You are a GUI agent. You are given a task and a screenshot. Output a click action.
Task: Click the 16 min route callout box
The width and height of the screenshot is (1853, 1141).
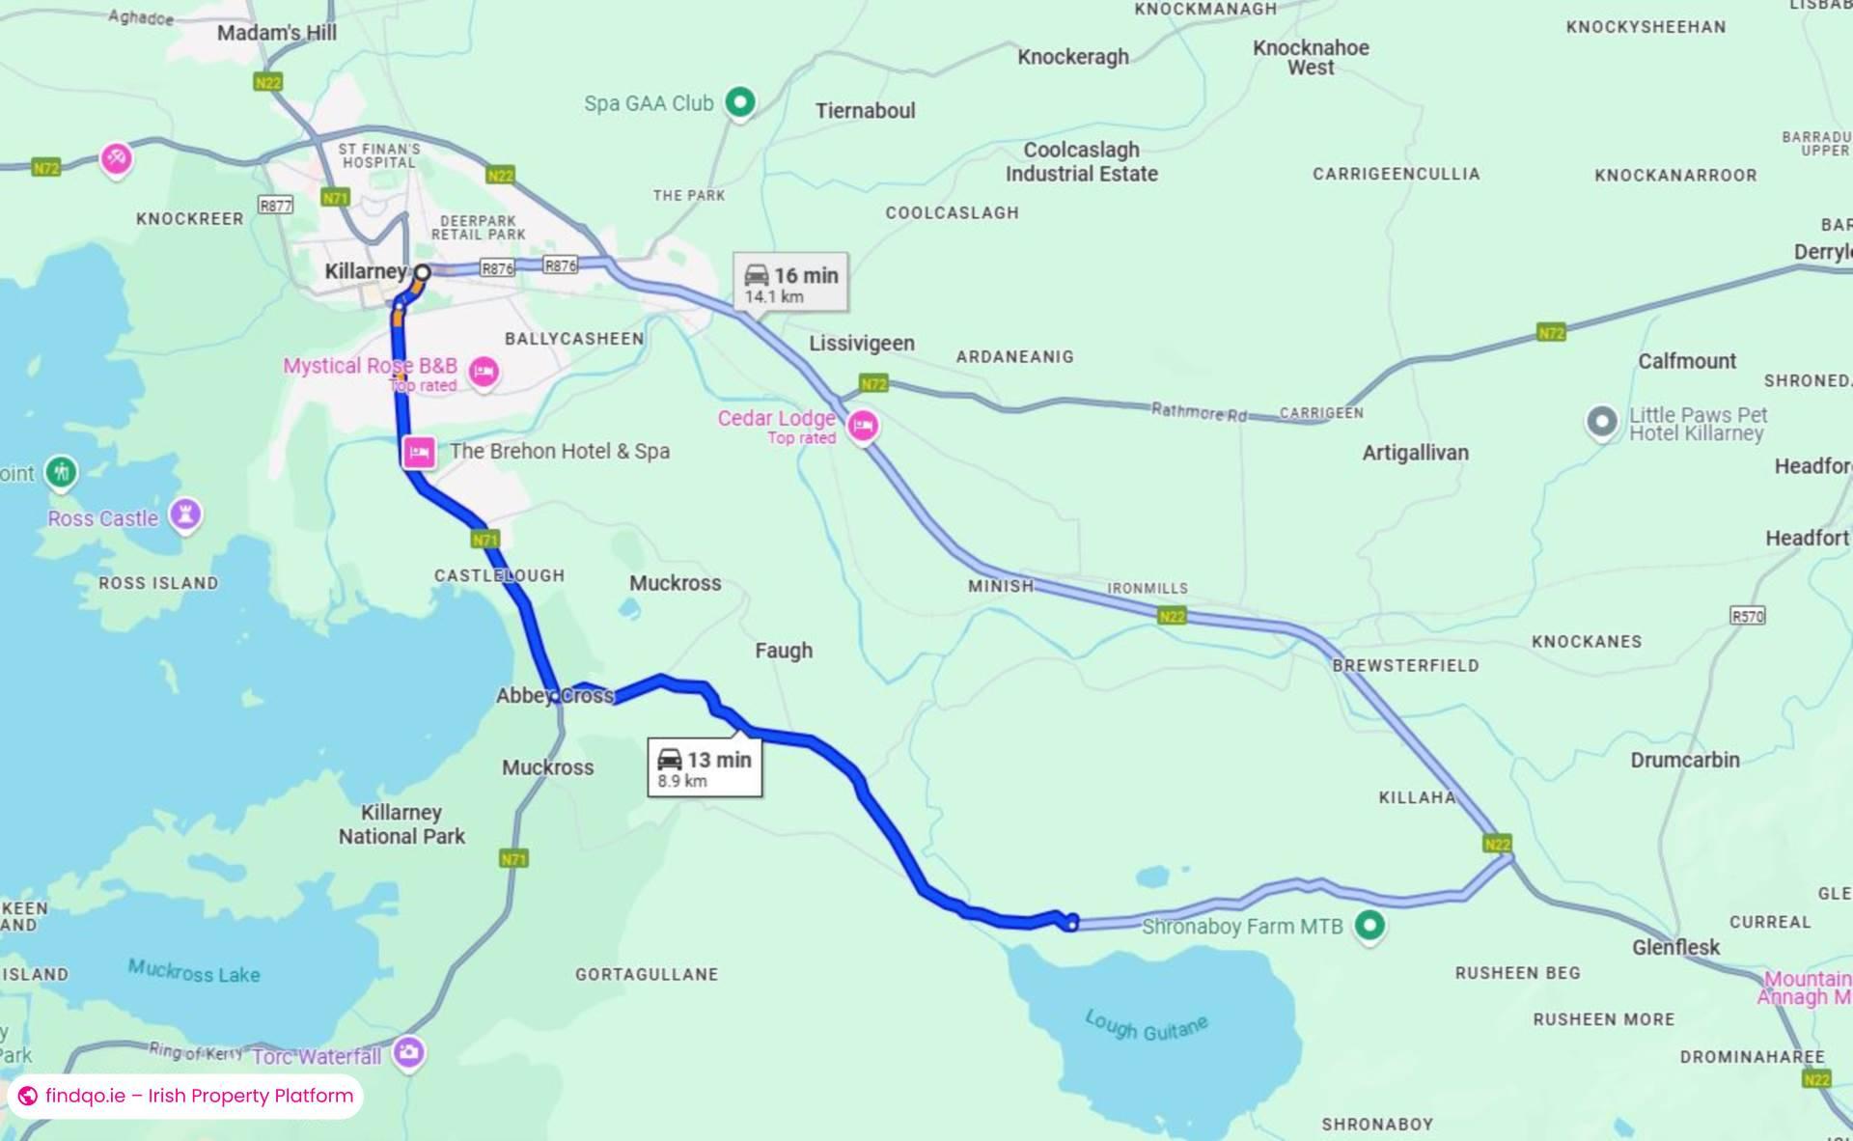[790, 282]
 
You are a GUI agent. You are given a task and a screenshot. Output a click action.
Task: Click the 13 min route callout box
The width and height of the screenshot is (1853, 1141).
[705, 767]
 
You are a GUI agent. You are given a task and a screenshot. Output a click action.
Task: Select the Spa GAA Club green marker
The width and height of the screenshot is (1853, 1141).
[740, 101]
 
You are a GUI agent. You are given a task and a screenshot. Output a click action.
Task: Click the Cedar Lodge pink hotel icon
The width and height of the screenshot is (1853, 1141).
[863, 425]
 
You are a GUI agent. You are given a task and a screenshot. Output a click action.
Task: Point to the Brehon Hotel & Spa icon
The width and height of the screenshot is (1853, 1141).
[419, 451]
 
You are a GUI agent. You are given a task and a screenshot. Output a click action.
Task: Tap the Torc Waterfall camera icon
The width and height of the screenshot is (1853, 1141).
[409, 1052]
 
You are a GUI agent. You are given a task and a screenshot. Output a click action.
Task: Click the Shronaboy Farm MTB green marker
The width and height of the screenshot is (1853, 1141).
[1369, 925]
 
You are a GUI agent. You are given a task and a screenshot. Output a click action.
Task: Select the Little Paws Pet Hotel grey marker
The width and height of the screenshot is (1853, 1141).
[1602, 422]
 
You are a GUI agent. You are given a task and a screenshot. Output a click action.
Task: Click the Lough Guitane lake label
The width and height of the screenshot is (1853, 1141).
[1146, 1025]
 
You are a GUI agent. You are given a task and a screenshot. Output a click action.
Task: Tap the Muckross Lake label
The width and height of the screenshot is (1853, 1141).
[194, 971]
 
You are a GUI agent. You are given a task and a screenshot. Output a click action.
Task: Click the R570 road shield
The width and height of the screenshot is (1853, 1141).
[1747, 616]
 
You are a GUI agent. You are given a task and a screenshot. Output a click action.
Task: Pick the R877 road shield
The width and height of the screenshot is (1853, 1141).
[275, 205]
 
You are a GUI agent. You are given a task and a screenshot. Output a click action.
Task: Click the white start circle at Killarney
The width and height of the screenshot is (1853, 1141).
[422, 272]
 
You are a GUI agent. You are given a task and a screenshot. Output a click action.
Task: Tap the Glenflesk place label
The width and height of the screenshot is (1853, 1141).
[1675, 947]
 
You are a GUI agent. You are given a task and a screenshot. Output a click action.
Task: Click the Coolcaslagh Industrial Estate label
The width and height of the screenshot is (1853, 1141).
[1081, 162]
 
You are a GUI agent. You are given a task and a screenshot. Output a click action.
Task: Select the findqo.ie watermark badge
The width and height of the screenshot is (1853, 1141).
[185, 1096]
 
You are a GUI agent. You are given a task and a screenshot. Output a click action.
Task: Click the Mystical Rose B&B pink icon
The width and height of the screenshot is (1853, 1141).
[484, 371]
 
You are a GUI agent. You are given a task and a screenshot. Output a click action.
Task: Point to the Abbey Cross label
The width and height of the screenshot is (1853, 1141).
[554, 695]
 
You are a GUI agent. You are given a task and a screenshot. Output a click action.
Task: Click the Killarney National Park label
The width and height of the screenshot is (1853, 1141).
[401, 824]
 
